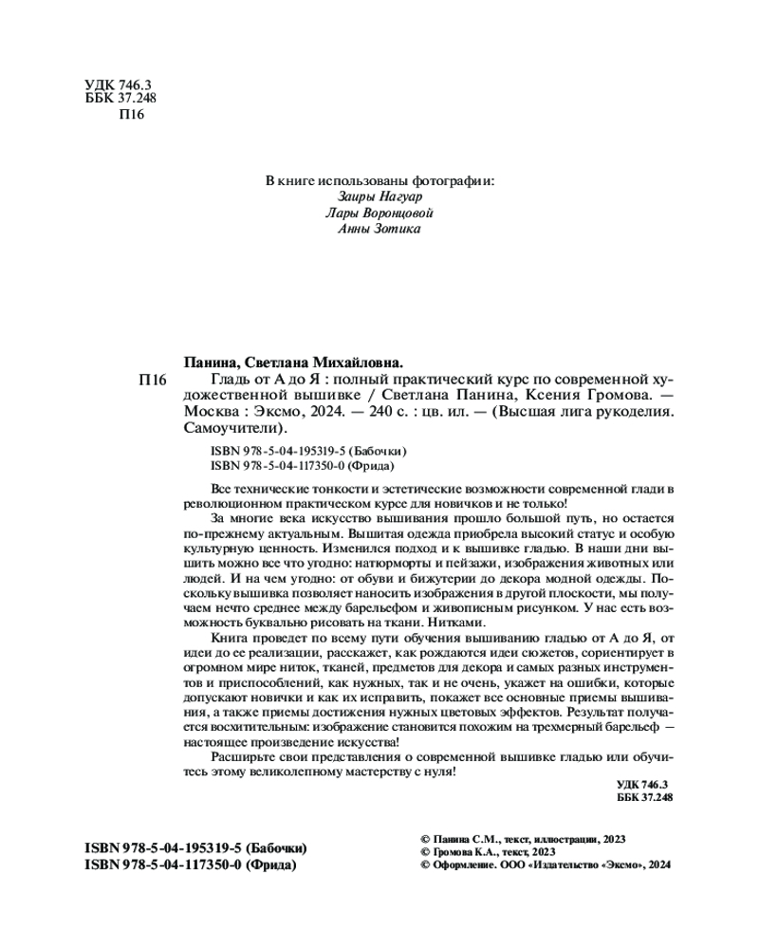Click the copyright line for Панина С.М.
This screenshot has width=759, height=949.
pyautogui.click(x=523, y=840)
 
